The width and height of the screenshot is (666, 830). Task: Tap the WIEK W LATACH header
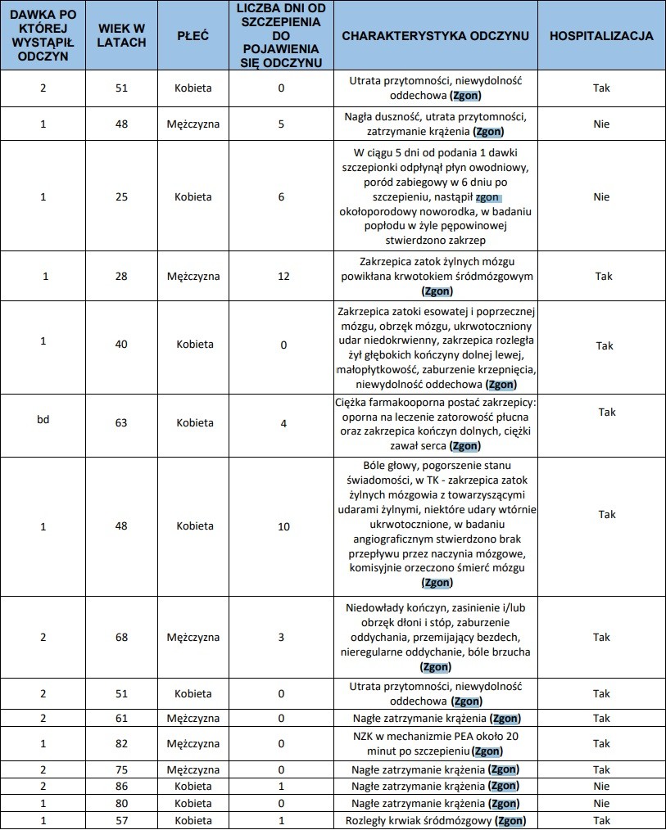pos(121,37)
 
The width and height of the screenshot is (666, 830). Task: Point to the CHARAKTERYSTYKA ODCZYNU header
pos(434,37)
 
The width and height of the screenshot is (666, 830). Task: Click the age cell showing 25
pos(121,196)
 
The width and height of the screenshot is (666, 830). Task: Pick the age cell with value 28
pos(121,276)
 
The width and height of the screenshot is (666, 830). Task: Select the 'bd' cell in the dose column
pos(43,422)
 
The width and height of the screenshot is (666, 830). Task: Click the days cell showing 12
pos(283,276)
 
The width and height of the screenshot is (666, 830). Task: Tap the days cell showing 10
pos(283,526)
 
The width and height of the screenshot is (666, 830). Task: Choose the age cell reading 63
pos(121,422)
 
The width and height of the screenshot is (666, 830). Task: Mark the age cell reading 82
pos(121,744)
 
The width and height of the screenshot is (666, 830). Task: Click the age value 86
pos(121,786)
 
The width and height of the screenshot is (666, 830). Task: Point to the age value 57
pos(121,820)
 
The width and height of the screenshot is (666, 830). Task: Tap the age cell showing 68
pos(121,636)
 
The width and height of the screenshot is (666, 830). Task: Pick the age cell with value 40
pos(121,345)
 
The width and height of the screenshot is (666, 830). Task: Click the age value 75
pos(121,769)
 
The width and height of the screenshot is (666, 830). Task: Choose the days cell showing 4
pos(283,422)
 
